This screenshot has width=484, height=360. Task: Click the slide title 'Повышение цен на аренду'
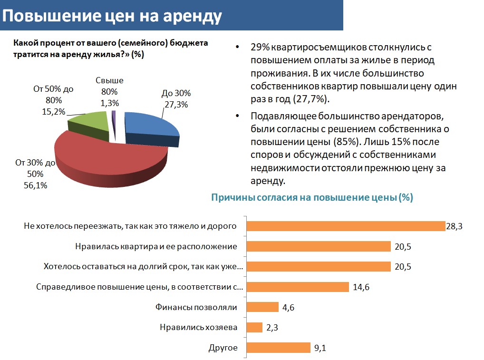tap(113, 16)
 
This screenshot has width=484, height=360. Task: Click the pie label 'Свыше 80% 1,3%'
tap(109, 91)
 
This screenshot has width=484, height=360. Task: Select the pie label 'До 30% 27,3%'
tap(175, 98)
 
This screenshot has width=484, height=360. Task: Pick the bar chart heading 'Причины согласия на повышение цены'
tap(312, 198)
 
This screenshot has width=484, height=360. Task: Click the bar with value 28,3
tap(346, 226)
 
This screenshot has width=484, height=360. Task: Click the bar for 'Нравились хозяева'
tap(255, 328)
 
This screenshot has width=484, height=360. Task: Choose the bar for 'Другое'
tap(279, 348)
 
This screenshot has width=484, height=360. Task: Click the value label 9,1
tap(319, 348)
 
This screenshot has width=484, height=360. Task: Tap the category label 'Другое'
tap(223, 348)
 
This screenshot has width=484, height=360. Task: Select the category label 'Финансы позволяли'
tap(196, 307)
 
